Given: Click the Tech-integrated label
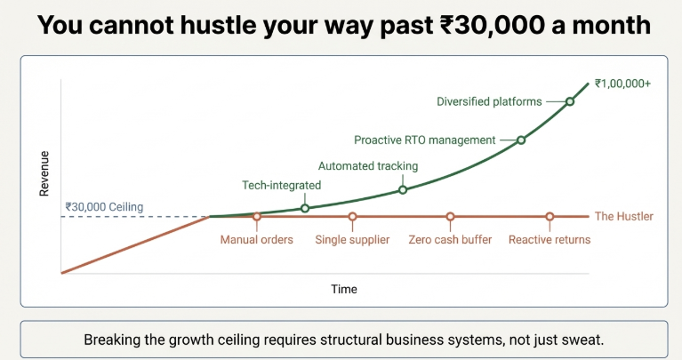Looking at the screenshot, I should point(281,186).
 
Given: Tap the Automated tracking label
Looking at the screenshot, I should point(368,166).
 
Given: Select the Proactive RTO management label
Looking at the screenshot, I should point(424,140).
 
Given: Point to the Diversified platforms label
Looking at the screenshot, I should point(489,101).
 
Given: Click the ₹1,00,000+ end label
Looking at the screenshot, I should point(622,84).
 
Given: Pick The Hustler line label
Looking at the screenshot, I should point(623,216).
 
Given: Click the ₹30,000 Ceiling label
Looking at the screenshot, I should point(104,207).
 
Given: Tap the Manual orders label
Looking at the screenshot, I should point(257,240).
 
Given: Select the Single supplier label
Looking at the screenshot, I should point(352,240).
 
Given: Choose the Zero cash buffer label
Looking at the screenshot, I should point(450,240).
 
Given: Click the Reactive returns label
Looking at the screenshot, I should point(550,240).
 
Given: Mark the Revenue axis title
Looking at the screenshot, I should point(44,173).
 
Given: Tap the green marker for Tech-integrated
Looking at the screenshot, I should point(305,208).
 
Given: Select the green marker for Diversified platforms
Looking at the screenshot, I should point(570,101).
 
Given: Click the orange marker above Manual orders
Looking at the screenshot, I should point(257,216).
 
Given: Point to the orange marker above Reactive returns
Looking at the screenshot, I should point(550,216).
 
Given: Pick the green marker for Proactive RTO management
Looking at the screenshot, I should point(521,140).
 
